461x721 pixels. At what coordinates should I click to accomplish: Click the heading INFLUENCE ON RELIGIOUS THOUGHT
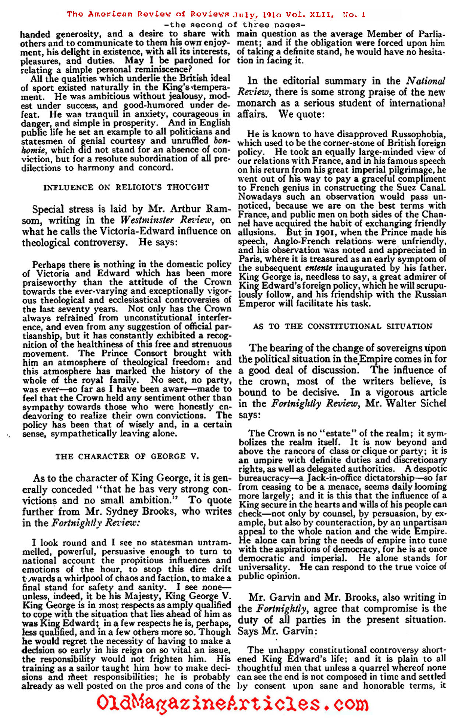126,187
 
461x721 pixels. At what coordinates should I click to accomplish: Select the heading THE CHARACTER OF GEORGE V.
127,457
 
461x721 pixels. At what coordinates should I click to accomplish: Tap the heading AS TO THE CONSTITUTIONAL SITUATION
343,326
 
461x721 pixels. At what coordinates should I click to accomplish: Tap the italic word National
426,81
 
